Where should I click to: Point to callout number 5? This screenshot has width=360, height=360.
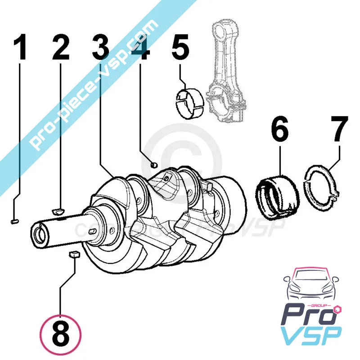click(x=180, y=49)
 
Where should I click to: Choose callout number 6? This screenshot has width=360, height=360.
click(x=279, y=130)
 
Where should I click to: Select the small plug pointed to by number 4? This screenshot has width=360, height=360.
click(x=153, y=165)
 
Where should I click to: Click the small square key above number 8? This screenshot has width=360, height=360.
click(x=73, y=255)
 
